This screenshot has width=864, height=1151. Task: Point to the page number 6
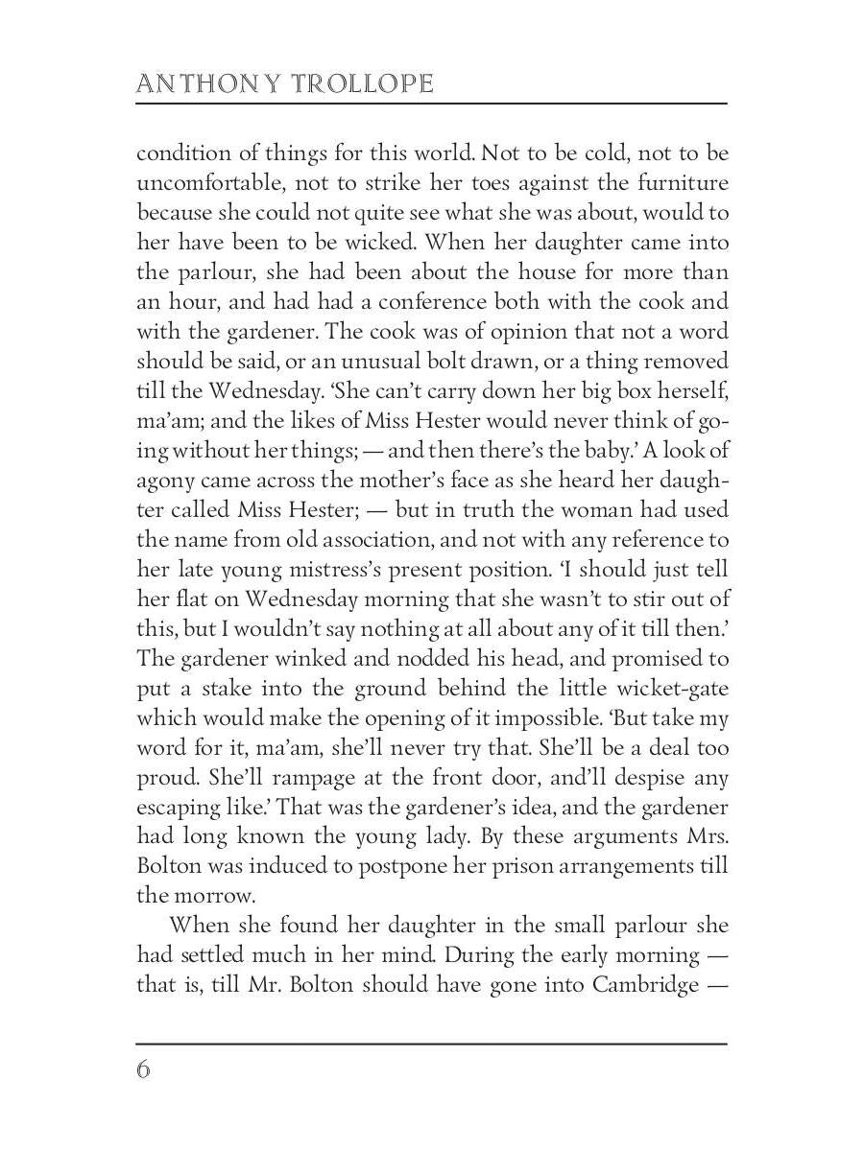[144, 1069]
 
